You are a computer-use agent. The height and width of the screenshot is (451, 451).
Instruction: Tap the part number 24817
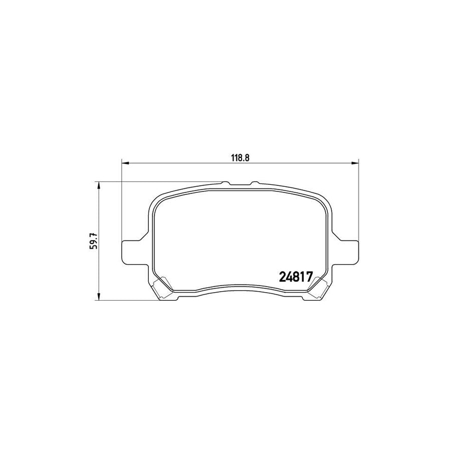point(295,276)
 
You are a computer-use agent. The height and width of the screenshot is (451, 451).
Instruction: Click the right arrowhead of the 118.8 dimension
point(356,162)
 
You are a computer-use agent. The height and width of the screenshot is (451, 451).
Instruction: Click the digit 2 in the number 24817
point(281,276)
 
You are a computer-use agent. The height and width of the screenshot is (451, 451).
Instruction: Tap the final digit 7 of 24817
point(309,276)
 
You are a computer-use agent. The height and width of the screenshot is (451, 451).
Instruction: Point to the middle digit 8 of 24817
point(296,276)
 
